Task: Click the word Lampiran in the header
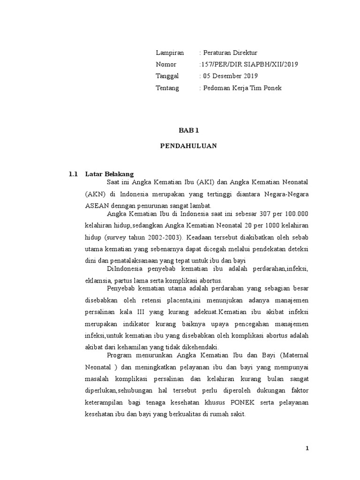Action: point(170,52)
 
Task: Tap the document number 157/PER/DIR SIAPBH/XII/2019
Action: point(248,64)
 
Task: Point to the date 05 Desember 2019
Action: point(230,76)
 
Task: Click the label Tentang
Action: point(167,88)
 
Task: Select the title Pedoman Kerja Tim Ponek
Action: point(242,88)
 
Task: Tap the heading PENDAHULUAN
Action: point(188,145)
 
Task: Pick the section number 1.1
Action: point(73,173)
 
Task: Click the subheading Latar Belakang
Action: point(110,173)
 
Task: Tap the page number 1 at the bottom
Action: point(307,448)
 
